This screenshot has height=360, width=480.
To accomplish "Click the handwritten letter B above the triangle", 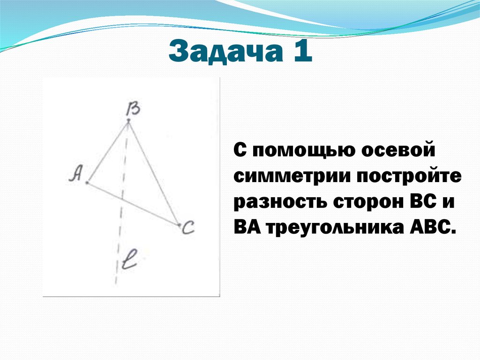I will click(x=134, y=109).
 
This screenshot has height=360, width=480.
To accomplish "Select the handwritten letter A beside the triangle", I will click(x=75, y=174).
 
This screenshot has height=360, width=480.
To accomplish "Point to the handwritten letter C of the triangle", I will click(x=188, y=229).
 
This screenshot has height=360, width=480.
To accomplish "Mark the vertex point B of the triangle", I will click(x=128, y=122).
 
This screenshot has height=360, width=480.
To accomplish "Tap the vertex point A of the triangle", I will click(x=87, y=183).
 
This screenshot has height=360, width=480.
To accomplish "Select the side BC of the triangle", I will click(x=154, y=174).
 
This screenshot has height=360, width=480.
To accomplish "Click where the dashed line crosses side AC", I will click(x=121, y=199).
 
